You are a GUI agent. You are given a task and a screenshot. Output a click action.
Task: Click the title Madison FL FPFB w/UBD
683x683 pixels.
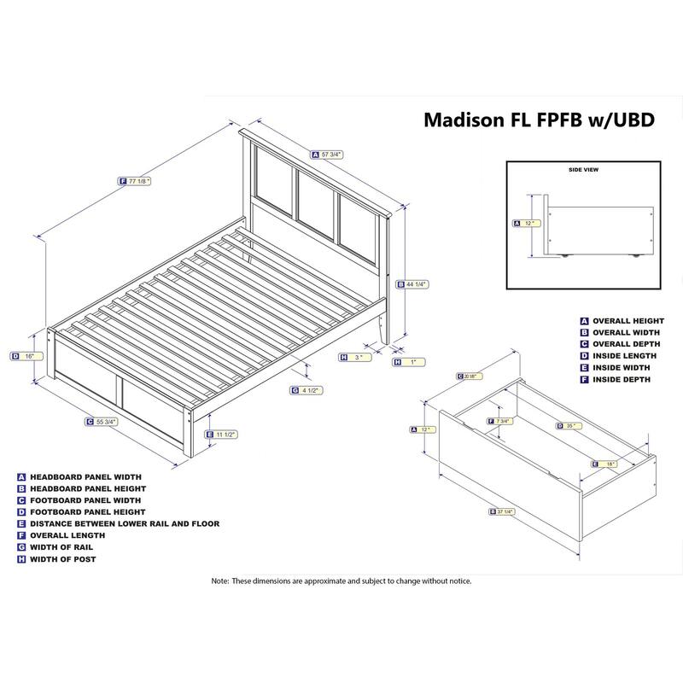540,120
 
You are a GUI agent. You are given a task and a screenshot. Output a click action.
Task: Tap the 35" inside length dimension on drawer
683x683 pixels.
570,425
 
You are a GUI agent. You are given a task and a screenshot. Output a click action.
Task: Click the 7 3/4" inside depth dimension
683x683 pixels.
502,422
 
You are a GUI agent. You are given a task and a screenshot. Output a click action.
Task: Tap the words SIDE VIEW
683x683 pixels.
583,170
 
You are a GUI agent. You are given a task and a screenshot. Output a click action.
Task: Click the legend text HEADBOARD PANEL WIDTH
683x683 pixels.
85,476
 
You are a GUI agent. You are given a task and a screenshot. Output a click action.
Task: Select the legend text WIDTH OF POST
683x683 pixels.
63,559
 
